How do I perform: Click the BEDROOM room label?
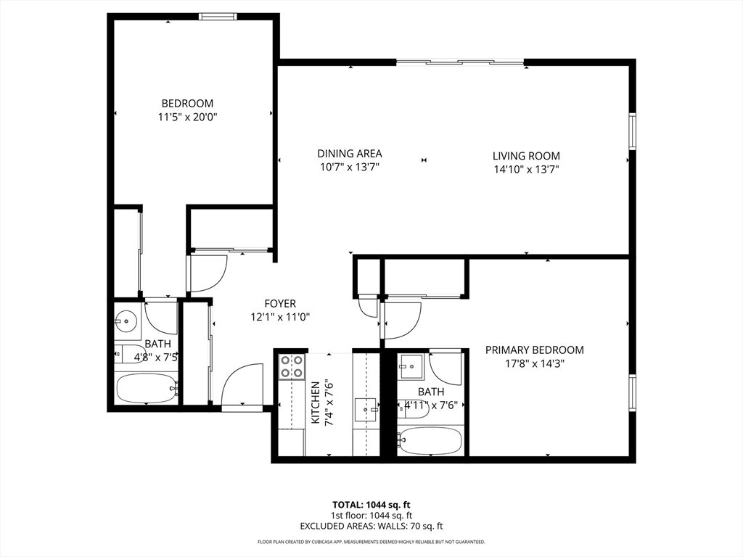[187, 103]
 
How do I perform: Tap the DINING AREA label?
[350, 154]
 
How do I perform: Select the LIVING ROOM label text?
[526, 156]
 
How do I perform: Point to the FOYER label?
[280, 304]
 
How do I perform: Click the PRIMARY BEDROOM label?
[535, 350]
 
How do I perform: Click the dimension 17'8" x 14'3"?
[535, 364]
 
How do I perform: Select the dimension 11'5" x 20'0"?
[187, 117]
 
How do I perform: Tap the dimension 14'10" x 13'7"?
[526, 170]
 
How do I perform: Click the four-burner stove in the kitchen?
[292, 367]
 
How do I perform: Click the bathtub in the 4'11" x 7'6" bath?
[430, 440]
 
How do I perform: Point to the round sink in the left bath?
[126, 321]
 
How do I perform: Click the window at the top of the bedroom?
[218, 17]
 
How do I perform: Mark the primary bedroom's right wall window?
[632, 392]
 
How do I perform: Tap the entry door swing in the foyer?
[242, 384]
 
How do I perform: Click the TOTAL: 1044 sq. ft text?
[371, 505]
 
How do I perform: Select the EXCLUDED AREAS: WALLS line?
[371, 526]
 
